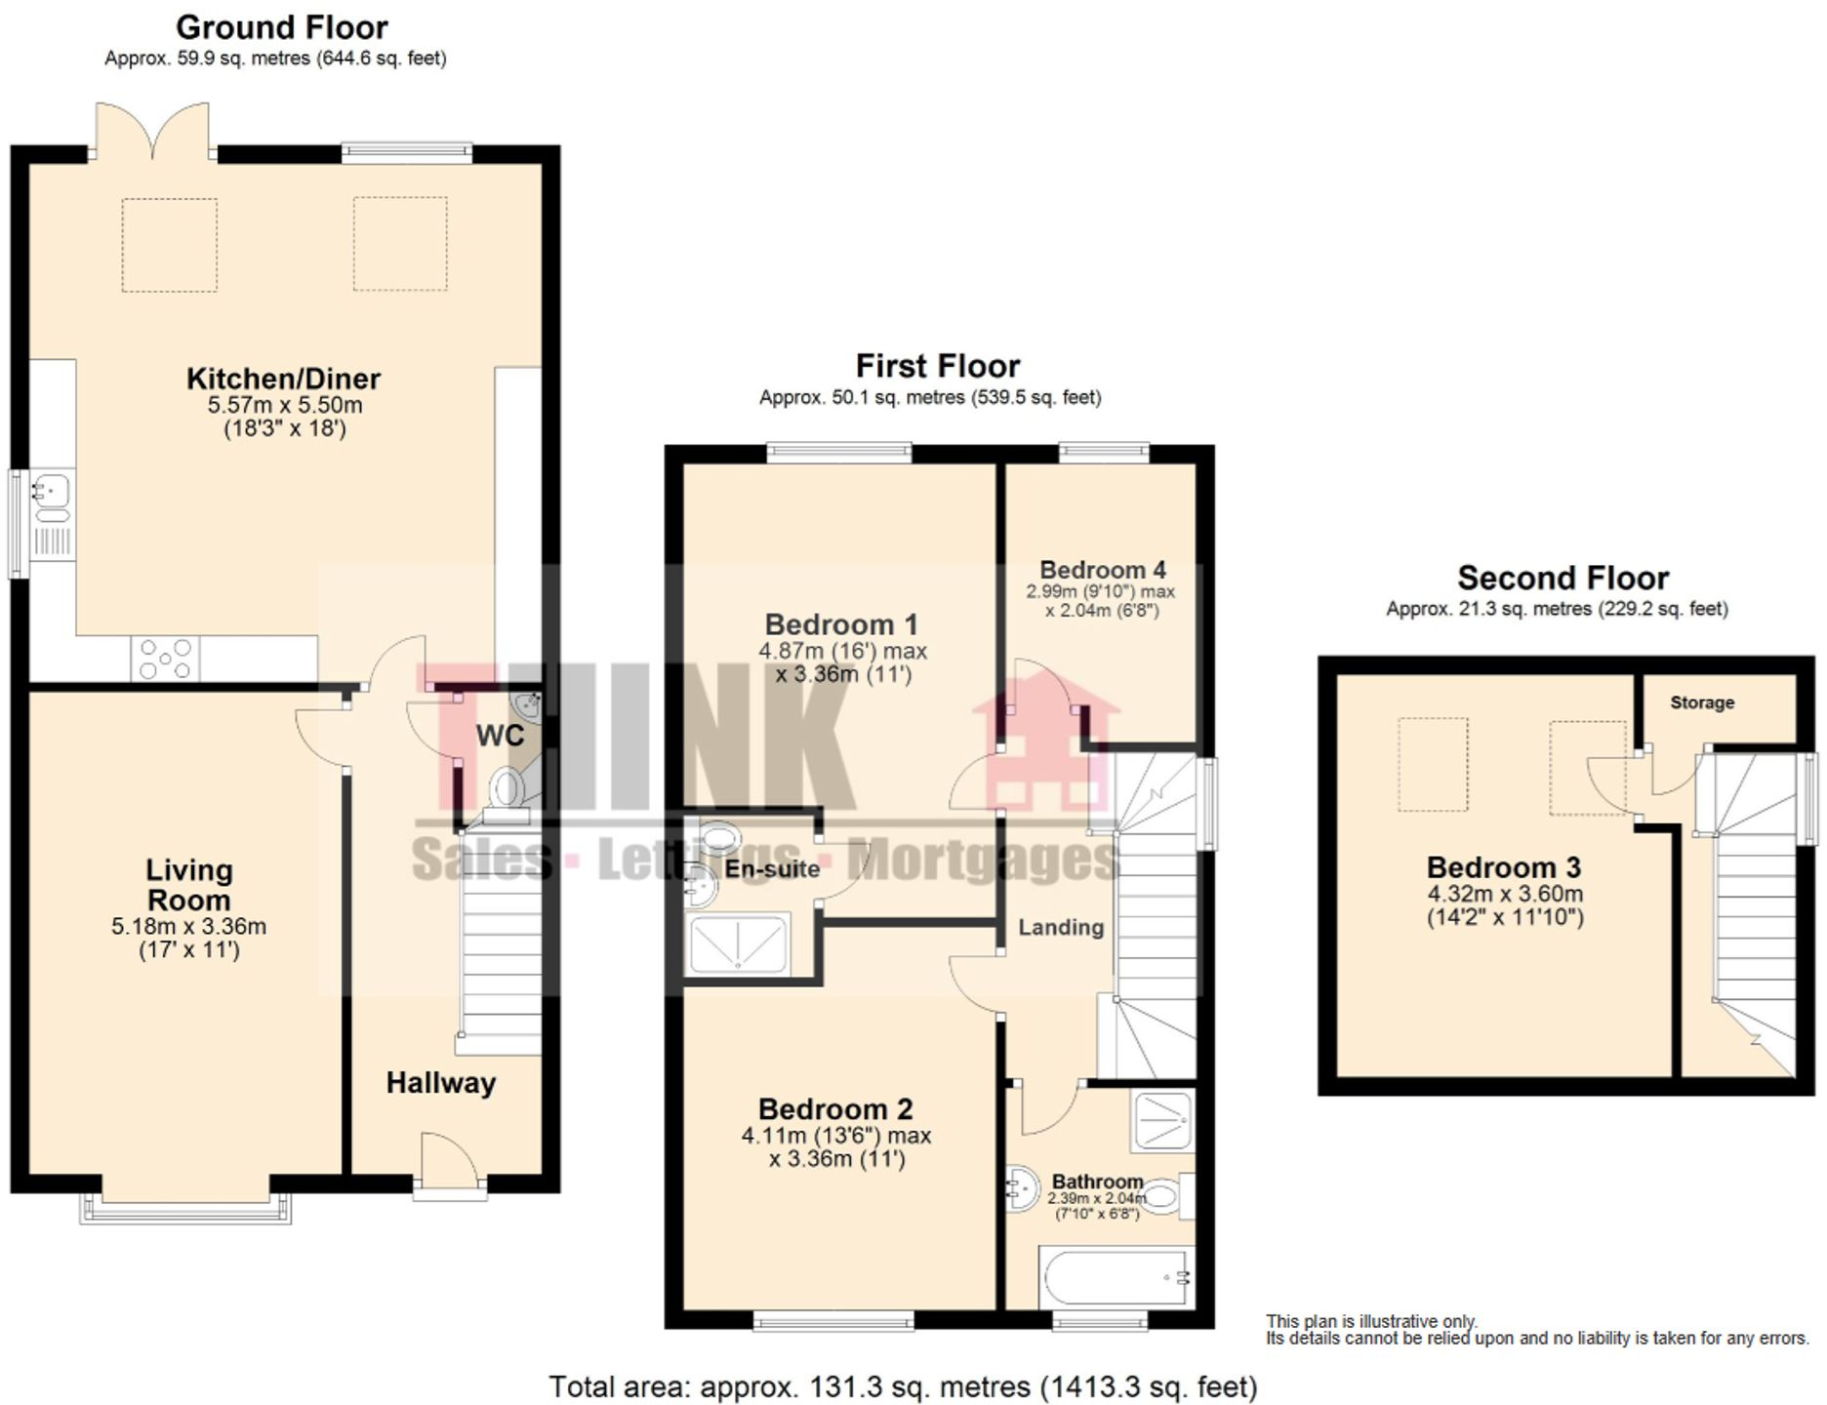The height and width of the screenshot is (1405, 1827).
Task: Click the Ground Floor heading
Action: [x=281, y=27]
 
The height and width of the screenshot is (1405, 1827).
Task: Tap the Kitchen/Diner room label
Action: [x=283, y=379]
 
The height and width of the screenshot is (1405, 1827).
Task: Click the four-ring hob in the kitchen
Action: [x=165, y=659]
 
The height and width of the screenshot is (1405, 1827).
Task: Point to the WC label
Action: [x=500, y=736]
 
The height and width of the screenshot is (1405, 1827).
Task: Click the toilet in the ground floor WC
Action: [x=507, y=786]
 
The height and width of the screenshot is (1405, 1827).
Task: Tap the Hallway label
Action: [x=440, y=1082]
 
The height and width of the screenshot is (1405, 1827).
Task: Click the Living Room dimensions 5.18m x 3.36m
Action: [x=188, y=927]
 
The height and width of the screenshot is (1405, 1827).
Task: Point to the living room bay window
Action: [x=185, y=1210]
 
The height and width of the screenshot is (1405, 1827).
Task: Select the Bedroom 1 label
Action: [x=841, y=624]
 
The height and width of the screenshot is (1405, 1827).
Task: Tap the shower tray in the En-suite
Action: [x=738, y=944]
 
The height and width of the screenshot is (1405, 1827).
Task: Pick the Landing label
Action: [x=1061, y=927]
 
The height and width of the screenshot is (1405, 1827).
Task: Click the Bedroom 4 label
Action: [x=1102, y=570]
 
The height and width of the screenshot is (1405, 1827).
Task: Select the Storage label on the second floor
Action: [x=1701, y=702]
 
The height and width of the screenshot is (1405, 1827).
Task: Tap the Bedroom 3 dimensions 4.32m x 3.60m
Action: [x=1505, y=894]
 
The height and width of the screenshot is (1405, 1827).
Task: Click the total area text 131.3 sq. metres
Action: [x=902, y=1386]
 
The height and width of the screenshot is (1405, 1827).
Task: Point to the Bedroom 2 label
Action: [x=835, y=1109]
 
